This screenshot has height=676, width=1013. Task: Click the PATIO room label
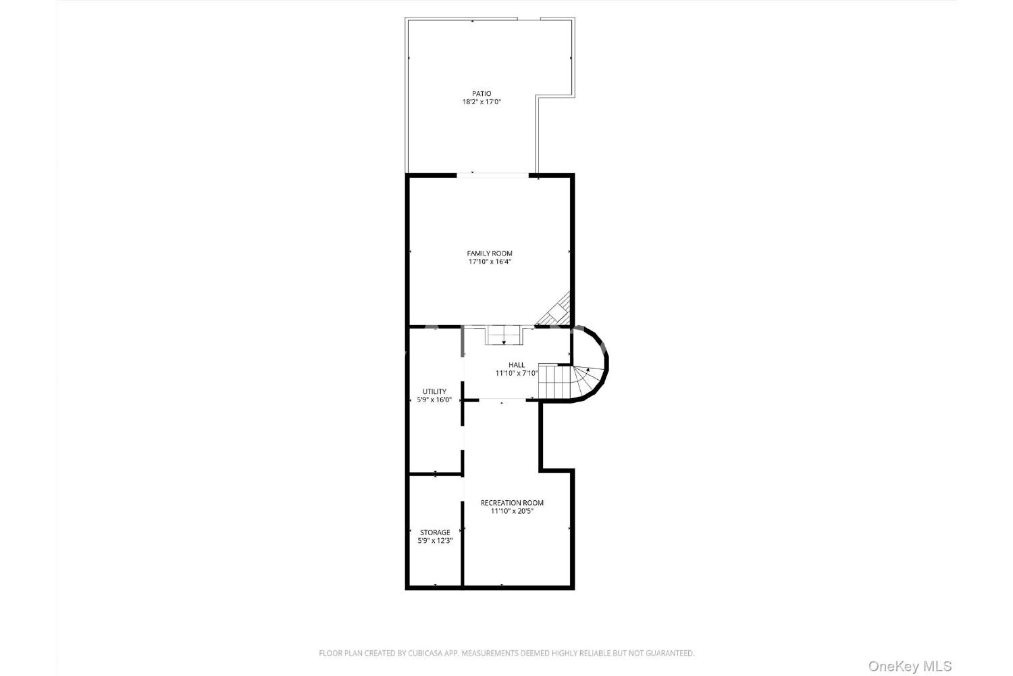[x=482, y=94]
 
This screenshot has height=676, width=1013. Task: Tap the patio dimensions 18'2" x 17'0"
[x=482, y=102]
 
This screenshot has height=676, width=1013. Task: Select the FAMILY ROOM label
[x=490, y=254]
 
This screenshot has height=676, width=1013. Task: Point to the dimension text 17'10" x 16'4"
[x=490, y=262]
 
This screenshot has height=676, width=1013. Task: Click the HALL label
[x=517, y=365]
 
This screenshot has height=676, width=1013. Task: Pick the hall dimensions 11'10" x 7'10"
[x=517, y=374]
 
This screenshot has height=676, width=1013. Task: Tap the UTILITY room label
[x=434, y=391]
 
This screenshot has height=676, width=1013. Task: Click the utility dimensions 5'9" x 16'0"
[x=434, y=400]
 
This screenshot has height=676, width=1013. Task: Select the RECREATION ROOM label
[x=512, y=503]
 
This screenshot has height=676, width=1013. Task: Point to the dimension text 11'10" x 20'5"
[x=512, y=511]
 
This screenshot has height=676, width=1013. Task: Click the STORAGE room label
[x=435, y=533]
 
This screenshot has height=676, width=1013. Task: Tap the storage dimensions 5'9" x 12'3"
[x=435, y=541]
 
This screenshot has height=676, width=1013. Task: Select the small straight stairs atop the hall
[x=504, y=335]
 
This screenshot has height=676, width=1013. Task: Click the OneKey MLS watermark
[x=910, y=666]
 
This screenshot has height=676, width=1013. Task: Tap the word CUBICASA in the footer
[x=425, y=654]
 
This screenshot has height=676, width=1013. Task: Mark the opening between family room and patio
[x=492, y=175]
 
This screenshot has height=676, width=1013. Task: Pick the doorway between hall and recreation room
[x=502, y=400]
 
